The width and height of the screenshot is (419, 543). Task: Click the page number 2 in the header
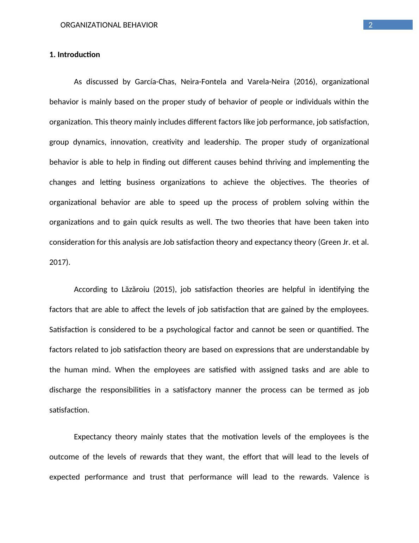370,25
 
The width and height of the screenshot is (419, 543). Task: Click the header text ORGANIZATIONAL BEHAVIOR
109,25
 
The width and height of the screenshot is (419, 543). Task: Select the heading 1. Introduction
75,55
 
